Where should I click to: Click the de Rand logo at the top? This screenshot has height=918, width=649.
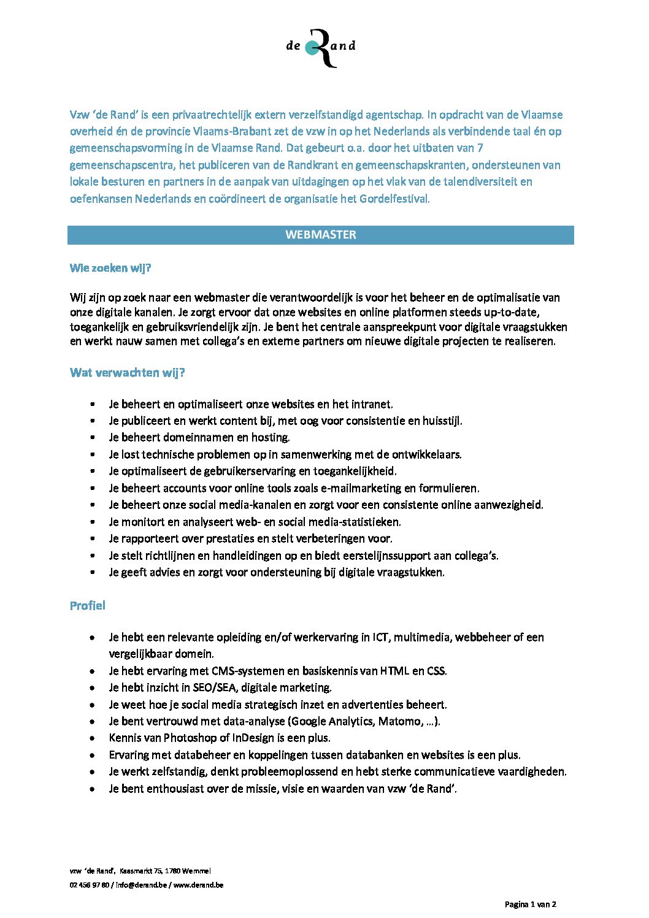321,47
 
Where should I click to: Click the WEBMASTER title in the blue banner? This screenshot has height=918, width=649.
320,235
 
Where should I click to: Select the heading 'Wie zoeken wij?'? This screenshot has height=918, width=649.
110,268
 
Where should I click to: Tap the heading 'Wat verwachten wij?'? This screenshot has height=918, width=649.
128,373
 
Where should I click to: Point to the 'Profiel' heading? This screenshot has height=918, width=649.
88,606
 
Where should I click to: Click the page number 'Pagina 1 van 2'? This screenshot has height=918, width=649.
530,904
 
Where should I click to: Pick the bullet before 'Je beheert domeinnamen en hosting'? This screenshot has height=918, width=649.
92,438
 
